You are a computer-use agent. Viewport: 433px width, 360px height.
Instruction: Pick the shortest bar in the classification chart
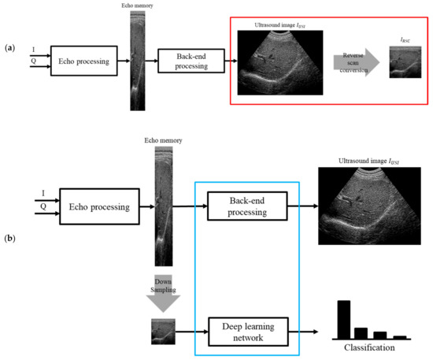point(400,336)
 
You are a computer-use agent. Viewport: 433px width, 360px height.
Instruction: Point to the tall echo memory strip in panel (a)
point(139,54)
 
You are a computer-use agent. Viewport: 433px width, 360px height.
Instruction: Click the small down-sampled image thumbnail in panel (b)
point(164,331)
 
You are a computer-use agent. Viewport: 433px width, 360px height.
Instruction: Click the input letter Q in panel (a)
point(33,67)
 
